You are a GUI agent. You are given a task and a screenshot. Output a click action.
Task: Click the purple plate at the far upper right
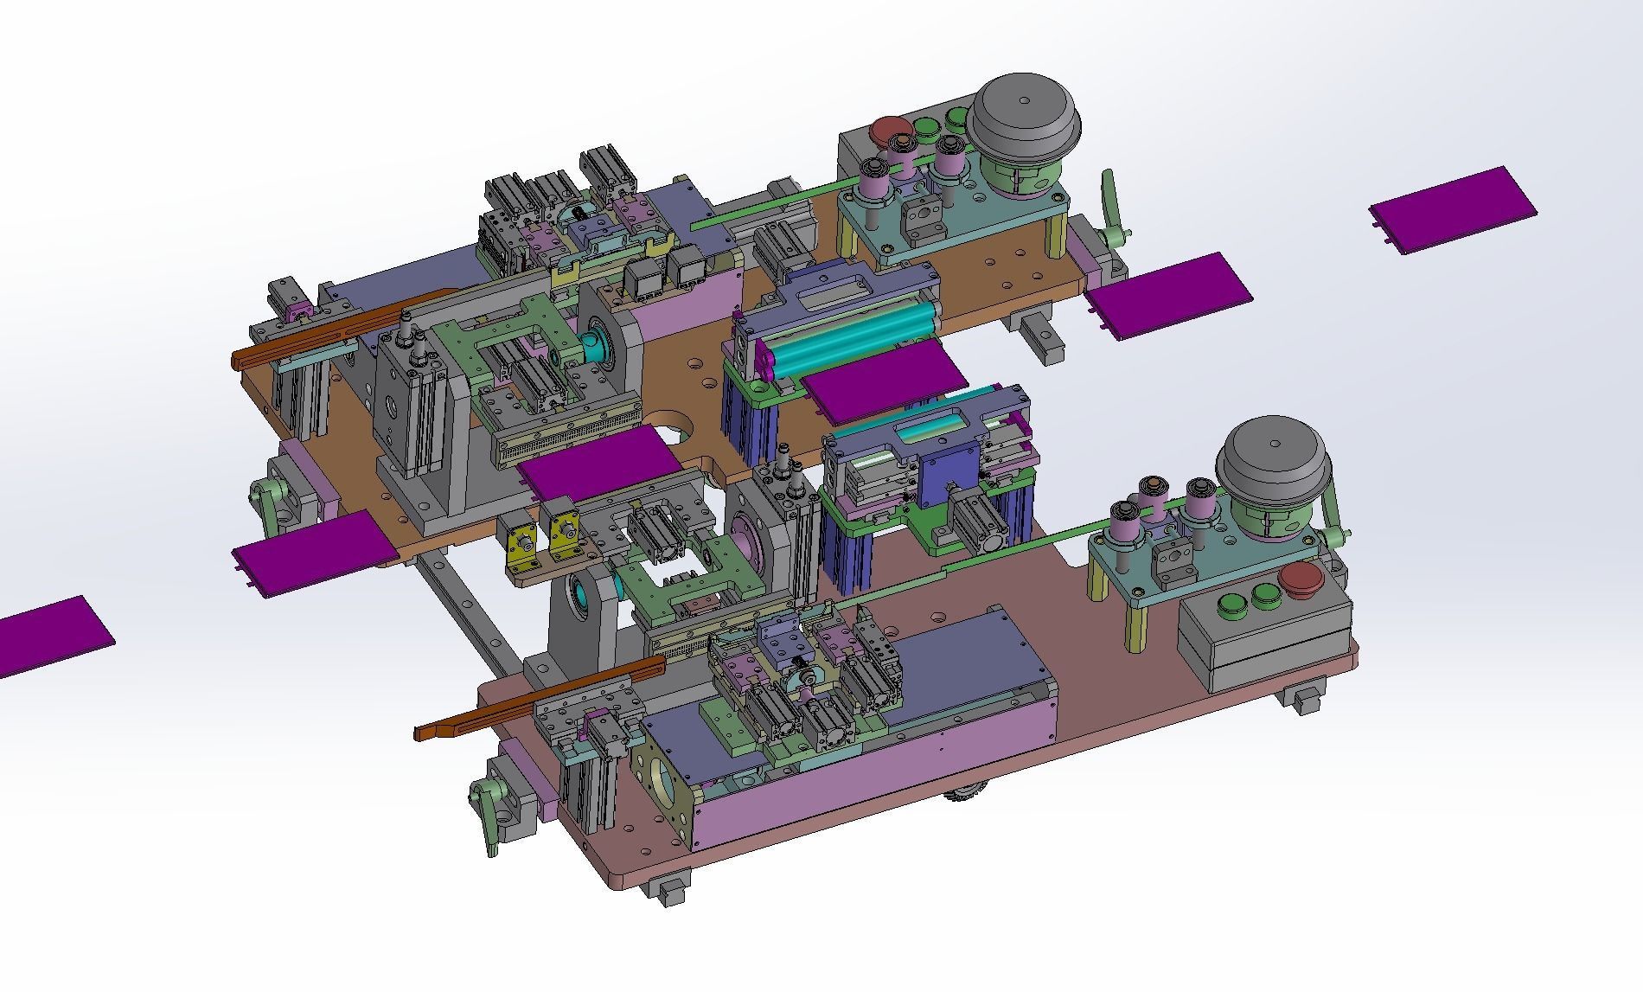click(x=1453, y=209)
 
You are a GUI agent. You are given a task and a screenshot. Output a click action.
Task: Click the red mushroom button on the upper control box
click(x=888, y=131)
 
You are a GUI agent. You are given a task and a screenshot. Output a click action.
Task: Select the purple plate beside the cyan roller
click(x=884, y=378)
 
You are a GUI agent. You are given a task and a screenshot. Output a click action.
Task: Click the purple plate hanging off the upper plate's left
click(x=311, y=552)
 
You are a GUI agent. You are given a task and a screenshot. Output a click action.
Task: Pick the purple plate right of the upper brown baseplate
click(x=1169, y=294)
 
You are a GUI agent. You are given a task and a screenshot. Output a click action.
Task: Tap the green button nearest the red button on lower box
click(x=1265, y=593)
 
